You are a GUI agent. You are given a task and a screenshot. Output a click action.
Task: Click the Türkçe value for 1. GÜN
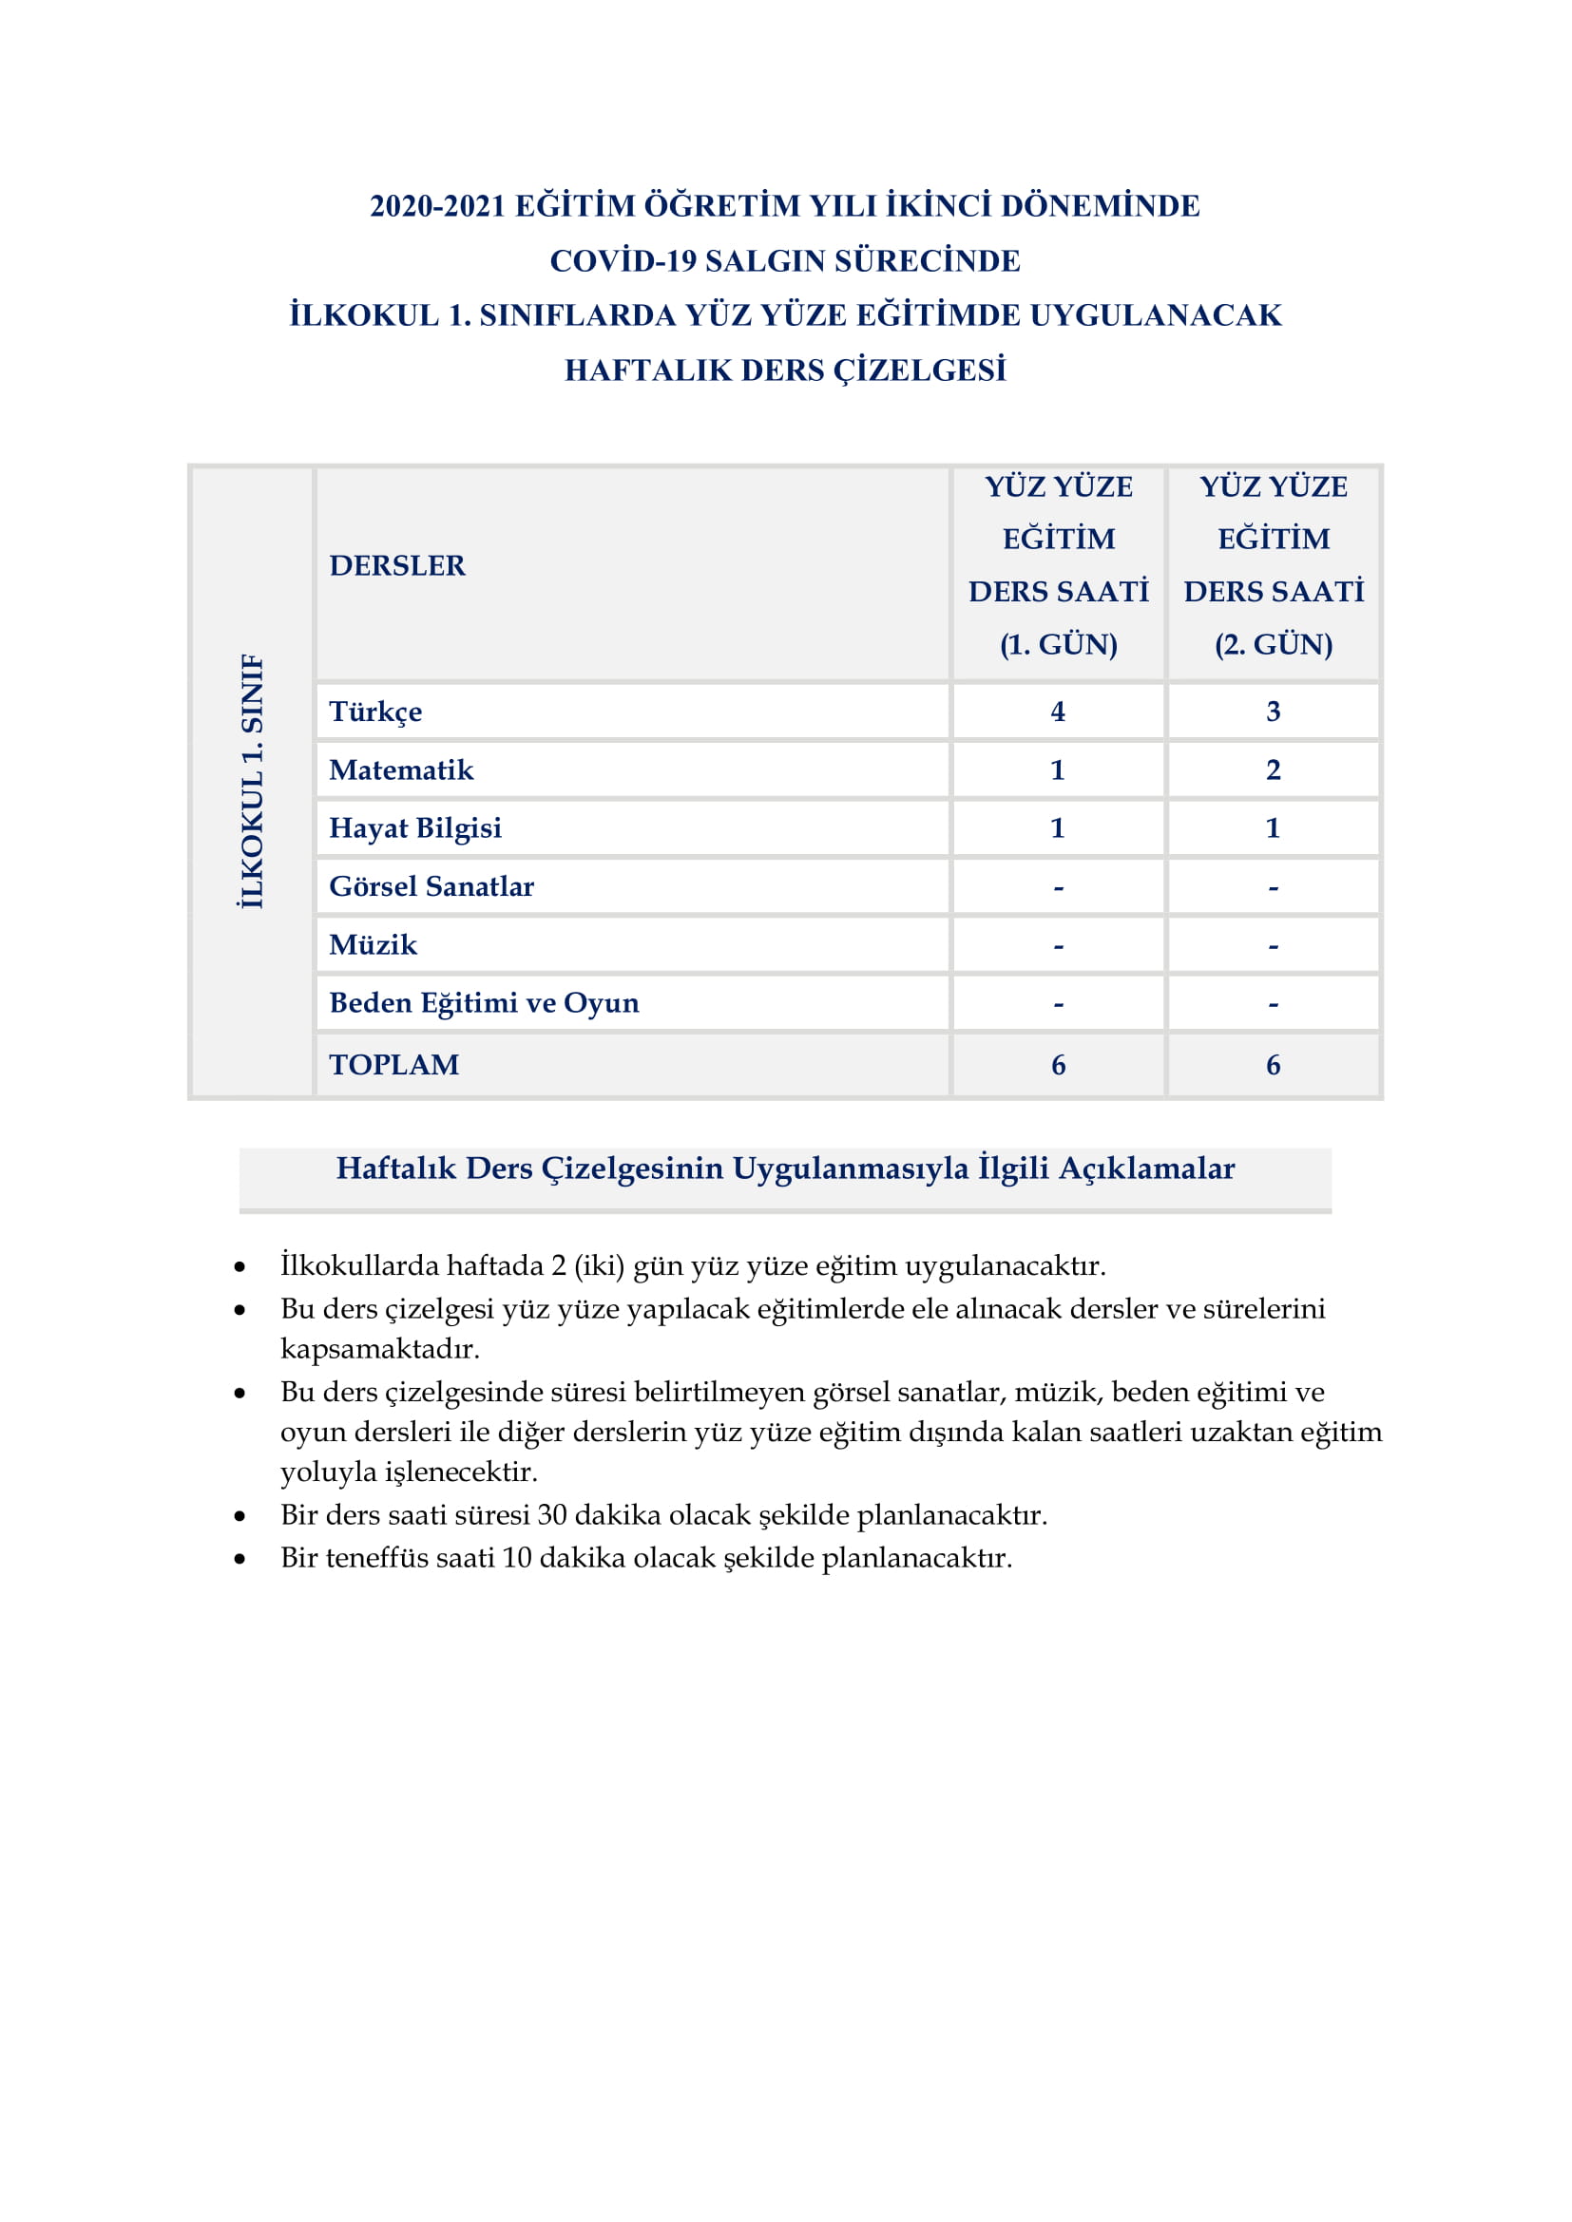click(1058, 712)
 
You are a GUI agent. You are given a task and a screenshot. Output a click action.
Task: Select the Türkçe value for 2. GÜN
click(1273, 712)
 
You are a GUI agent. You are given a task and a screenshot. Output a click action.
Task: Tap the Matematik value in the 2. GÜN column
click(1273, 769)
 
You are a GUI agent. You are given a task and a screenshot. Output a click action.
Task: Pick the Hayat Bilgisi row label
click(415, 828)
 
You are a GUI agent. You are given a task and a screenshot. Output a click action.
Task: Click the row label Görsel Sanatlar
click(431, 886)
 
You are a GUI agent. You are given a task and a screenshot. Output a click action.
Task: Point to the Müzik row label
click(373, 944)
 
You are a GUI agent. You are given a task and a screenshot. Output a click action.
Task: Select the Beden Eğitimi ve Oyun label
click(484, 1002)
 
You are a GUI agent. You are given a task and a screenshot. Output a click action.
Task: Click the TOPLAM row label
click(394, 1065)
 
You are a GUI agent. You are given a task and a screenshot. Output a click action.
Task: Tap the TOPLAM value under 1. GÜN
click(1058, 1065)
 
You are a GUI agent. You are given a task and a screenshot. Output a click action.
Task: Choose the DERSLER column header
click(397, 565)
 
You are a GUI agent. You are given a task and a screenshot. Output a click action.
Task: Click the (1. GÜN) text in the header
click(1058, 644)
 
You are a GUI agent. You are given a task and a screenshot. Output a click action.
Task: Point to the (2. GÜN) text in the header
click(1273, 644)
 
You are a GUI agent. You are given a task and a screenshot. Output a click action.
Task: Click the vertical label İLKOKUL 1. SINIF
click(252, 781)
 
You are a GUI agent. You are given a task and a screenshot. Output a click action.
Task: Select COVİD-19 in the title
click(623, 261)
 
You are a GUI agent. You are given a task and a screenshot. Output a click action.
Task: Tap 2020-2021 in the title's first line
click(437, 206)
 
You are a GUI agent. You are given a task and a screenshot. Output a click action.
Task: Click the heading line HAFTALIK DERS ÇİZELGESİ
click(785, 370)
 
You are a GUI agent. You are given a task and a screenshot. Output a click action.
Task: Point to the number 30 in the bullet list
click(552, 1514)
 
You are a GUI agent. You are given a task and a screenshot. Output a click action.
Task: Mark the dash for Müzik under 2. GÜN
click(1273, 946)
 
